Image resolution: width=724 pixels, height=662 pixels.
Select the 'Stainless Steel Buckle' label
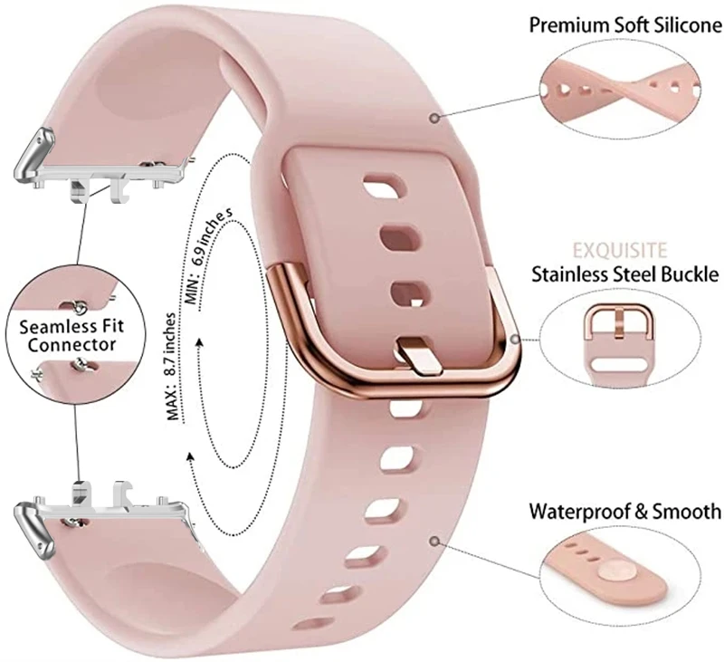(x=625, y=273)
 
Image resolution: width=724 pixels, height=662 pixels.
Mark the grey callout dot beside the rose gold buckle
(x=514, y=340)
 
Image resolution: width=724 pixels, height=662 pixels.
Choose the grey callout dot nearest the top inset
(x=436, y=117)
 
